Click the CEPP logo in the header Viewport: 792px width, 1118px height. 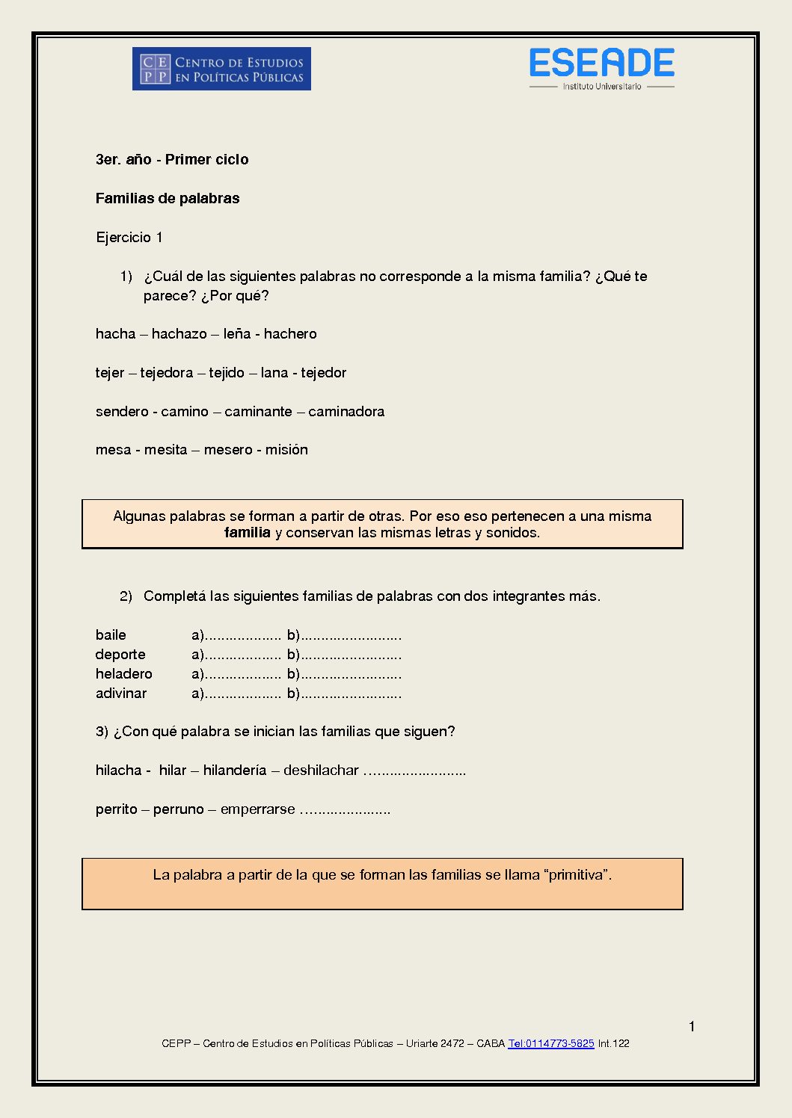[221, 69]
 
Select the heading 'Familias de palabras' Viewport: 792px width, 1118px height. [168, 198]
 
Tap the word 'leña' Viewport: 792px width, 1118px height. [237, 334]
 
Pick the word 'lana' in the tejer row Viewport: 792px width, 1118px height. [274, 373]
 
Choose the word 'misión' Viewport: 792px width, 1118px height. [286, 450]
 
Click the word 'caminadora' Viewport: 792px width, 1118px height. [346, 412]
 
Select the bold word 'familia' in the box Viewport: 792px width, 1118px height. [247, 533]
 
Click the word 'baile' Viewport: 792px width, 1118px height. [111, 635]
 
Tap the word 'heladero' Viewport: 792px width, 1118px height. [123, 674]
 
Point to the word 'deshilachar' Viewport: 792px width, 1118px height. [321, 770]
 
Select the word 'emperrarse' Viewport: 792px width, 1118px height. [257, 809]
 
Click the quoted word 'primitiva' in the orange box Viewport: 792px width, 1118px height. [576, 875]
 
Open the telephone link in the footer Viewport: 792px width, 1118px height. [550, 1043]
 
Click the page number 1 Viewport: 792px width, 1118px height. [692, 1026]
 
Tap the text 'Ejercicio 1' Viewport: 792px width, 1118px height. [129, 238]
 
